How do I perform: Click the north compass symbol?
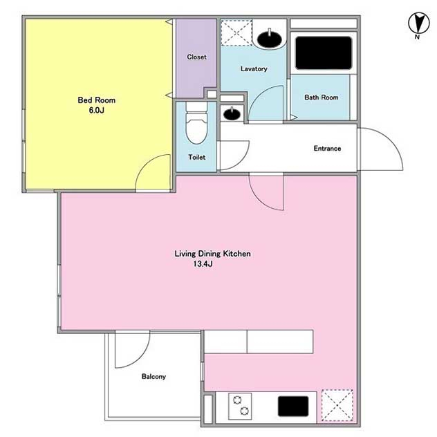(x=418, y=24)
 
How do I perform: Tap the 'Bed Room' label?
(x=96, y=100)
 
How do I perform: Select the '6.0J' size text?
(x=96, y=110)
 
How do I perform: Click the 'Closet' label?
(x=197, y=57)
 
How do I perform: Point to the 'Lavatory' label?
(x=254, y=68)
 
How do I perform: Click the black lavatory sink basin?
(x=269, y=39)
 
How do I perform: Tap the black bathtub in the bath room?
(x=324, y=53)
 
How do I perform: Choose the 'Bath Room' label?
(x=322, y=97)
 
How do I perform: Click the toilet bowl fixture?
(x=196, y=123)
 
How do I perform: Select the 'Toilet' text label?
(x=197, y=157)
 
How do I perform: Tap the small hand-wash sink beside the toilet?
(x=232, y=113)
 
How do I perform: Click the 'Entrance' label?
(x=327, y=148)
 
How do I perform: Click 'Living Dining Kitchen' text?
(x=212, y=254)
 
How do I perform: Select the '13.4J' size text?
(x=203, y=263)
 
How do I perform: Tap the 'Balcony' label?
(x=154, y=377)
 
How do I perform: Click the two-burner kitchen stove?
(x=240, y=407)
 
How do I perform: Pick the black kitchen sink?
(x=293, y=407)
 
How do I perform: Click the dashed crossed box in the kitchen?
(x=337, y=405)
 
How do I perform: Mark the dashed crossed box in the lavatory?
(x=236, y=32)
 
